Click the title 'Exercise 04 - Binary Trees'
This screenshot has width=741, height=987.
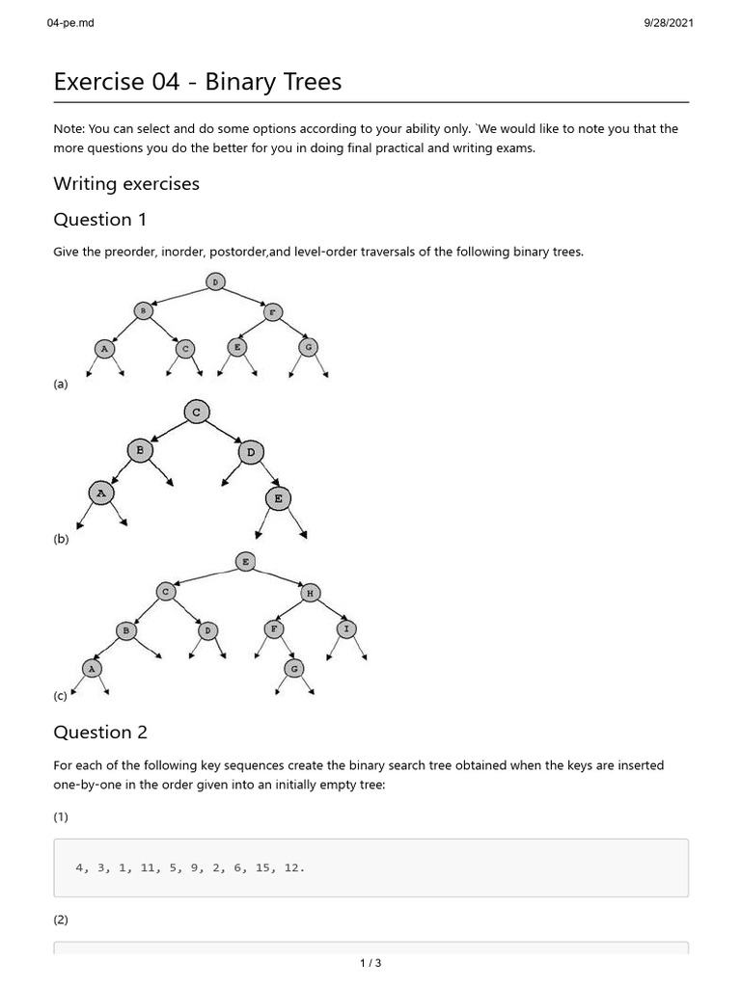coord(198,82)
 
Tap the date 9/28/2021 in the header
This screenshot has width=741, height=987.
coord(668,23)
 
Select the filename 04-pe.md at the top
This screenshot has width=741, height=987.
coord(70,23)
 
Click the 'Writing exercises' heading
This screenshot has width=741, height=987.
coord(126,183)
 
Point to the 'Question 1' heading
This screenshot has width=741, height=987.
coord(99,220)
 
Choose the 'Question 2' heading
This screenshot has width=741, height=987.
coord(100,733)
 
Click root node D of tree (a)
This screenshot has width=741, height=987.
coord(214,281)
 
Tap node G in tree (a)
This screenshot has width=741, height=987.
coord(308,347)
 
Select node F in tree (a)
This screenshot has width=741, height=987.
coord(273,311)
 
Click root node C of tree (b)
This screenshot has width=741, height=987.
coord(196,413)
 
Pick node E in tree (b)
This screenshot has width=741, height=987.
coord(279,498)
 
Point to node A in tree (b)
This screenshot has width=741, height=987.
coord(100,493)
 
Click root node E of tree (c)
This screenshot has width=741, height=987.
coord(245,561)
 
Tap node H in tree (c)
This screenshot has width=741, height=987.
coord(310,593)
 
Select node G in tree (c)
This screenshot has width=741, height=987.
coord(295,667)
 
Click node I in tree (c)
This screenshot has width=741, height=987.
coord(346,628)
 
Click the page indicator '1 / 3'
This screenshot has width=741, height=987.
coord(370,963)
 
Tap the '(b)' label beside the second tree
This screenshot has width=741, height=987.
coord(61,540)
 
